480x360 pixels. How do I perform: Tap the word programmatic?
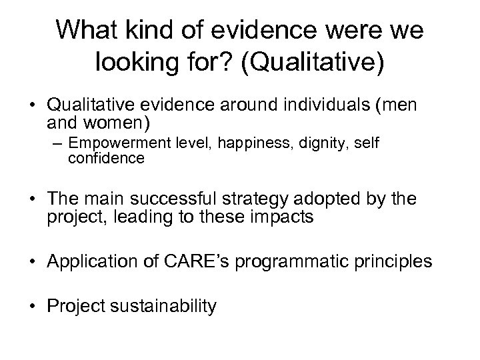click(x=292, y=261)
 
